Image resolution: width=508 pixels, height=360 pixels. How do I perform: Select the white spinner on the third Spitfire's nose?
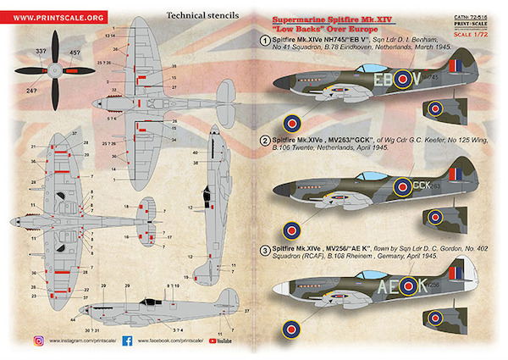tap(277, 291)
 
